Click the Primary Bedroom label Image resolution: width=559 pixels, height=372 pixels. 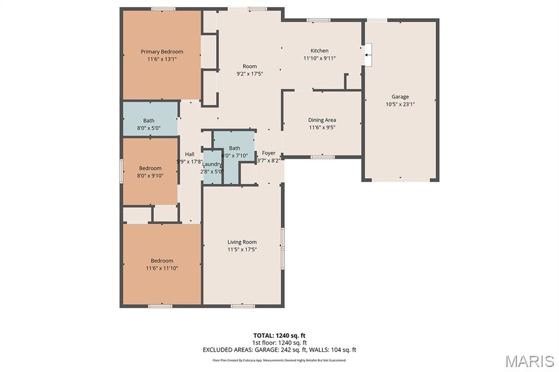tap(162, 52)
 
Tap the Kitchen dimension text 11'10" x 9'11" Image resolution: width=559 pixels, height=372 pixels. tap(319, 58)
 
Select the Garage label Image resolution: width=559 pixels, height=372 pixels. tap(400, 97)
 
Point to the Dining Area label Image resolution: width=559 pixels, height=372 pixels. tap(322, 120)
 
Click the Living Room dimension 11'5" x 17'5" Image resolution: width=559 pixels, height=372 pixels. tap(242, 250)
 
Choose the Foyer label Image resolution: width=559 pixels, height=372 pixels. tap(269, 153)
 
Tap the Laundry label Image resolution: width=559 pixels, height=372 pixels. tap(212, 164)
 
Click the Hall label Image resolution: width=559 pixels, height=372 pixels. tap(189, 154)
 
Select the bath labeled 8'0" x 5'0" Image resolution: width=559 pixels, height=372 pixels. tap(149, 121)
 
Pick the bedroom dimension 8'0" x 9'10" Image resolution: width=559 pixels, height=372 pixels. tap(150, 176)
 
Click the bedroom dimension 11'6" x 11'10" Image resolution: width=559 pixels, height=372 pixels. tap(162, 268)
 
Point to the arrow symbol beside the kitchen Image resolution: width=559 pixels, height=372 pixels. tap(368, 55)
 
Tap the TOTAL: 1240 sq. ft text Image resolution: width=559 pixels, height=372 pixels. tap(279, 335)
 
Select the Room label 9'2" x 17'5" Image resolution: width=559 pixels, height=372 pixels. tap(249, 67)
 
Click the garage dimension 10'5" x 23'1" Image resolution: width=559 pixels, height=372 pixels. tap(400, 104)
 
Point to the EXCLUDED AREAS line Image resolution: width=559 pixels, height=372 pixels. tap(279, 350)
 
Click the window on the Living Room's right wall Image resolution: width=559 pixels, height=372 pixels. tap(282, 248)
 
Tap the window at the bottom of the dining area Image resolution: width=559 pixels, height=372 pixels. tap(322, 157)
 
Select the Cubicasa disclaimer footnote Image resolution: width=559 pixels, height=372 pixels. tap(279, 361)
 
